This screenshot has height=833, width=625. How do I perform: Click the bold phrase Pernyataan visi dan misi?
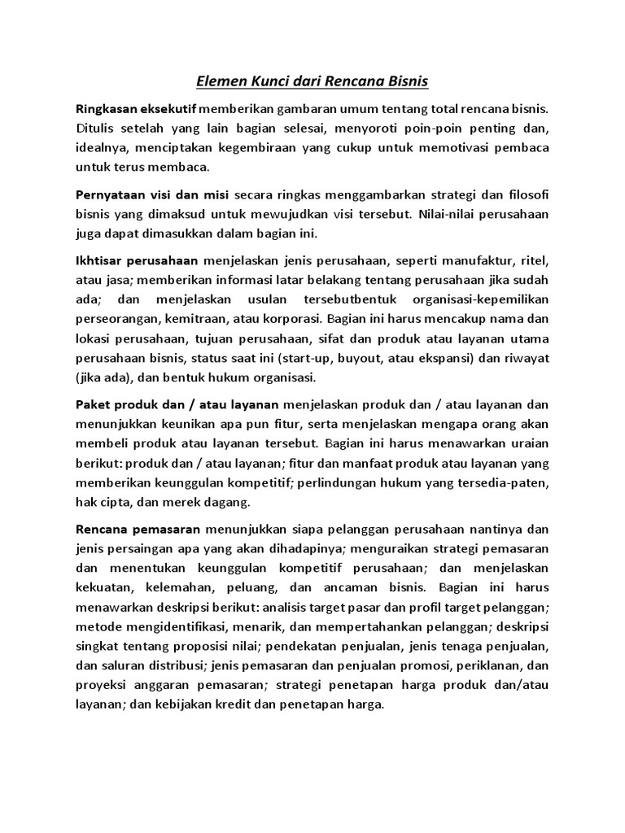click(x=153, y=194)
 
